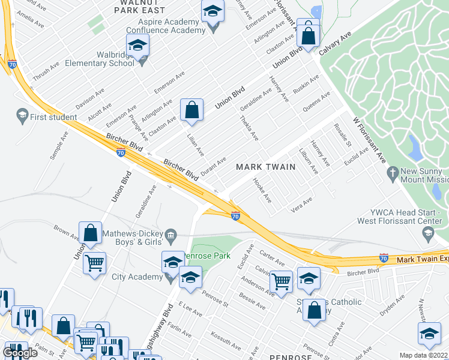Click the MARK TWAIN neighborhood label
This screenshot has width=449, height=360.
point(265,166)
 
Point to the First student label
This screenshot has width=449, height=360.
point(53,117)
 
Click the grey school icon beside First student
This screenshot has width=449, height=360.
point(22,115)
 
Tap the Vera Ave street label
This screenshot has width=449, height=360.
point(302,203)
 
